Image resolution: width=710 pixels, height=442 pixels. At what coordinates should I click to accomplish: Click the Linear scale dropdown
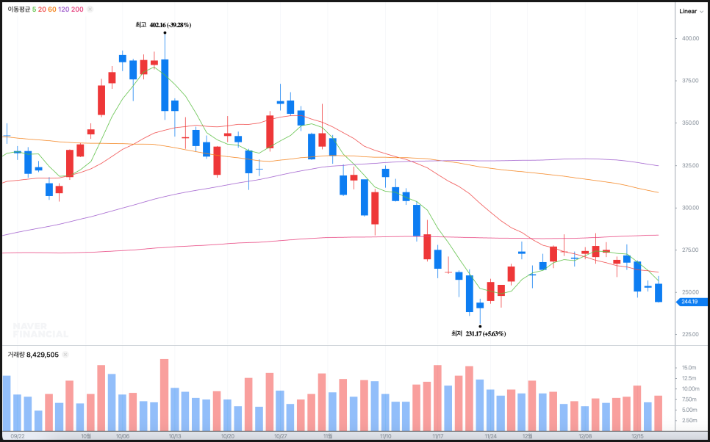[x=691, y=11]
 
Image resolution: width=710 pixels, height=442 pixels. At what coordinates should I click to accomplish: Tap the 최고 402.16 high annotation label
[x=163, y=25]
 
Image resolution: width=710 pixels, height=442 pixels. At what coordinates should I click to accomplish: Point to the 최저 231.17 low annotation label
[x=478, y=333]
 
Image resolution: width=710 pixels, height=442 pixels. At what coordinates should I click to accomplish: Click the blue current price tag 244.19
[x=691, y=302]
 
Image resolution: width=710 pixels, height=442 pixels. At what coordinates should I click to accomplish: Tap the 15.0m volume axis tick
[x=689, y=368]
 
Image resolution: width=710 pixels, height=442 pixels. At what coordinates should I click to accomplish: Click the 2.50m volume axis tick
[x=689, y=420]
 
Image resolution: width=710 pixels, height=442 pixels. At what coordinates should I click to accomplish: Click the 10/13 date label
[x=175, y=435]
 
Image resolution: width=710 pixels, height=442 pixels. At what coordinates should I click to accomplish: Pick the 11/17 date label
[x=438, y=435]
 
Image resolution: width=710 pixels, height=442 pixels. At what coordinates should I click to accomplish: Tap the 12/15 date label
[x=638, y=435]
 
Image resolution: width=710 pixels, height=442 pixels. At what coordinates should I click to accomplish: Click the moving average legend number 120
[x=63, y=10]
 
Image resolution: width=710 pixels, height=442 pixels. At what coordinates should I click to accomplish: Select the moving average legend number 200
[x=77, y=10]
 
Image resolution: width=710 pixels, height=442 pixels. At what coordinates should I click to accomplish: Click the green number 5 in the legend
[x=35, y=10]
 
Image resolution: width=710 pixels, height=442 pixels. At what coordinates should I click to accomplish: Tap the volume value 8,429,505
[x=43, y=355]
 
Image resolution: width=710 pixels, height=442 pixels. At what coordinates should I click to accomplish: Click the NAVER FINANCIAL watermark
[x=40, y=330]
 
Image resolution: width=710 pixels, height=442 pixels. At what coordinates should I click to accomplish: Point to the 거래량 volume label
[x=16, y=355]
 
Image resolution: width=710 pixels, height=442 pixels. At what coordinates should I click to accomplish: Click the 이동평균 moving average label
[x=19, y=10]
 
